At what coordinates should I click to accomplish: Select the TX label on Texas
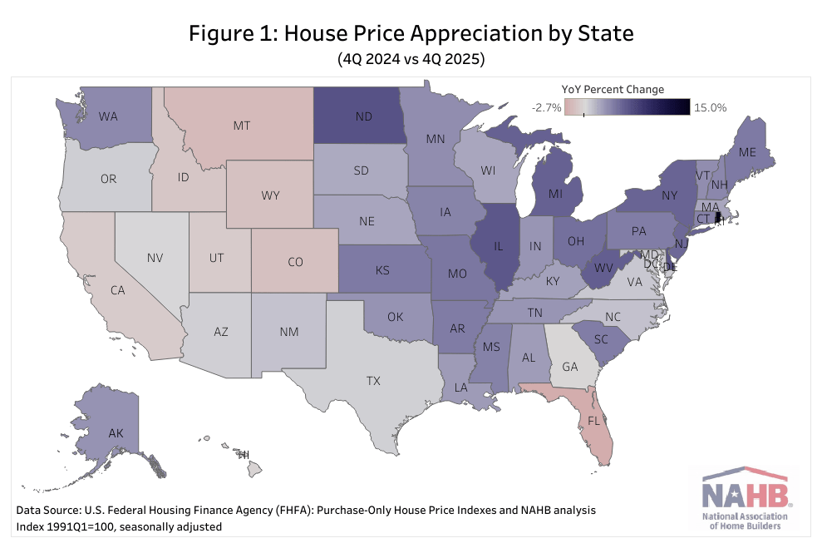point(373,380)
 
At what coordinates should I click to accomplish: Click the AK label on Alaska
point(116,432)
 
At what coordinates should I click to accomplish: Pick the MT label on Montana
point(242,126)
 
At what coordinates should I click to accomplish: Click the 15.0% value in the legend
point(710,107)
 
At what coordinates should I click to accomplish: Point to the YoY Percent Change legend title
point(612,90)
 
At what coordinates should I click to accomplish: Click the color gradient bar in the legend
point(628,107)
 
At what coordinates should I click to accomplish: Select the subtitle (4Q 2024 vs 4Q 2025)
point(411,60)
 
